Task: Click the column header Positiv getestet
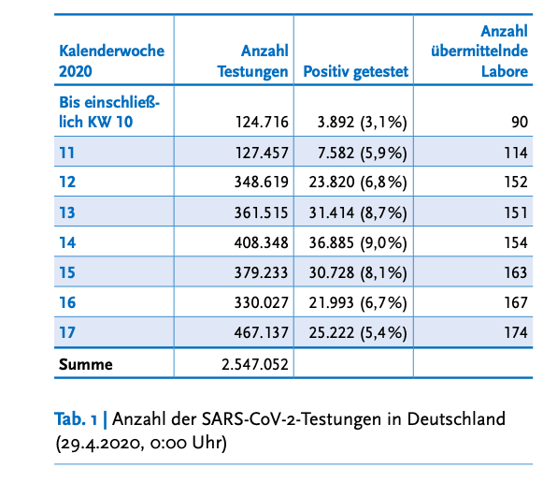tap(355, 71)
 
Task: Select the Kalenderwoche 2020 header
tap(111, 61)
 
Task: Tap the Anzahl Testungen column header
tap(252, 61)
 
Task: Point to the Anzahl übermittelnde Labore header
tap(479, 51)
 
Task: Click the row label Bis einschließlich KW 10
tap(109, 112)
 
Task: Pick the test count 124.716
tap(262, 122)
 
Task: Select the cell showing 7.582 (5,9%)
tap(362, 153)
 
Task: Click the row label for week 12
tap(67, 182)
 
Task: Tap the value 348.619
tap(261, 182)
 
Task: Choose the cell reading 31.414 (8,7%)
tap(358, 212)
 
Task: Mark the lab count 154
tap(516, 242)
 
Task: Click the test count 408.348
tap(261, 242)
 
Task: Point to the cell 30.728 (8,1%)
tap(358, 272)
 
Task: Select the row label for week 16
tap(67, 302)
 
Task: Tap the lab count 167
tap(516, 302)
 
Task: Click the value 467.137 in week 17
tap(261, 332)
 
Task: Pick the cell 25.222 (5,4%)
tap(358, 333)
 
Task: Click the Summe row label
tap(86, 364)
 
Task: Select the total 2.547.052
tap(255, 364)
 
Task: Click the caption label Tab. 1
tap(76, 419)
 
